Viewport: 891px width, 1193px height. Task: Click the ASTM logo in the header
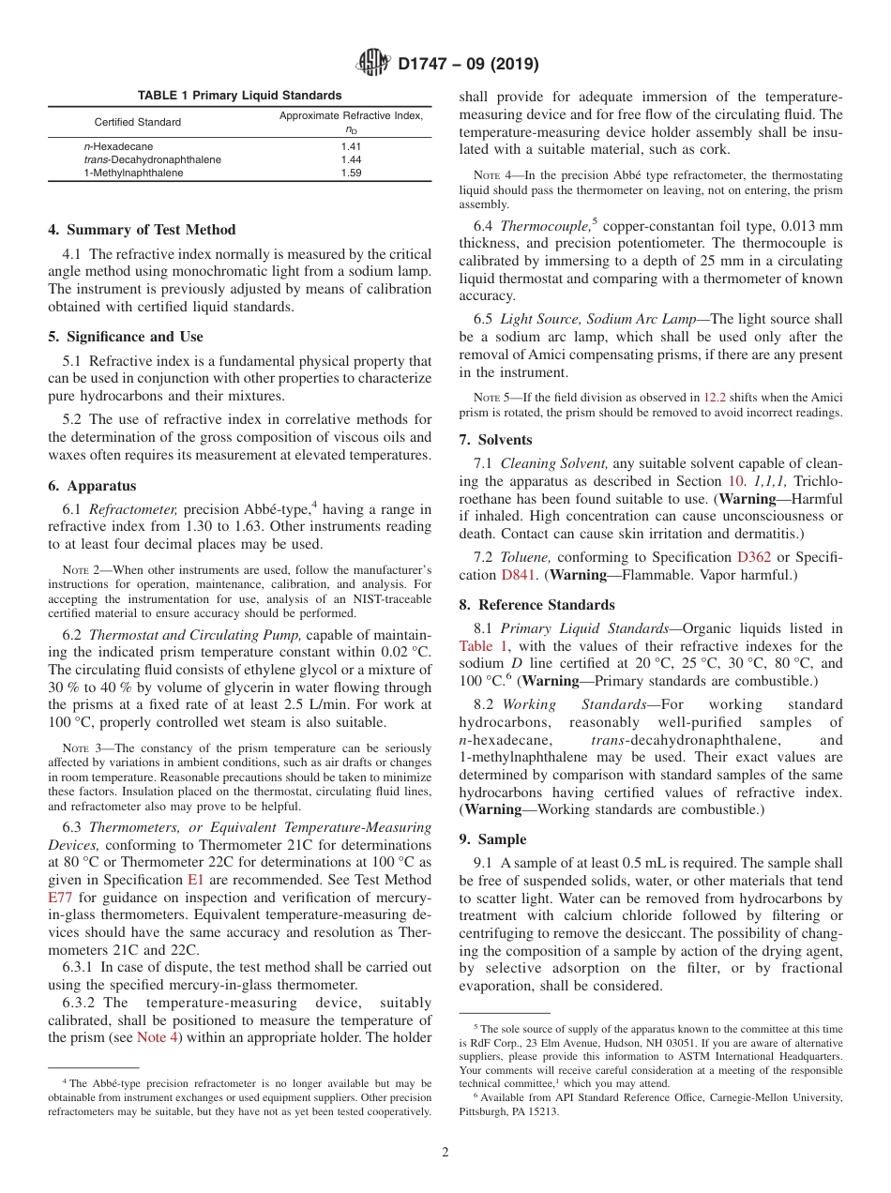pyautogui.click(x=375, y=64)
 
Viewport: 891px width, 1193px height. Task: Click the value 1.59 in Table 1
pyautogui.click(x=351, y=174)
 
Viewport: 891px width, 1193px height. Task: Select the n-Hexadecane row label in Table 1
pyautogui.click(x=118, y=147)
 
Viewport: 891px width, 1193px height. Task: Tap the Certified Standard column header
pyautogui.click(x=138, y=122)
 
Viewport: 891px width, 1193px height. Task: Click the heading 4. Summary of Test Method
pyautogui.click(x=142, y=230)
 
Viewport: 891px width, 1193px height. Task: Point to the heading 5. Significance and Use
pyautogui.click(x=125, y=337)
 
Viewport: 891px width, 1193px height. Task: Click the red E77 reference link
pyautogui.click(x=60, y=898)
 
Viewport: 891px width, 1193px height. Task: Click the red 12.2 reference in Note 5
pyautogui.click(x=715, y=397)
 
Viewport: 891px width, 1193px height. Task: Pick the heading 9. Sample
pyautogui.click(x=492, y=839)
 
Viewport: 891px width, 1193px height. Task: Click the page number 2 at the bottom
pyautogui.click(x=445, y=1153)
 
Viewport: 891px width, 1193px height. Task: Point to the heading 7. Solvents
pyautogui.click(x=495, y=440)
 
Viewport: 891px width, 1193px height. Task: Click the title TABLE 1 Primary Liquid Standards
pyautogui.click(x=240, y=96)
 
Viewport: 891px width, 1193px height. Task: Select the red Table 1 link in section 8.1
pyautogui.click(x=483, y=646)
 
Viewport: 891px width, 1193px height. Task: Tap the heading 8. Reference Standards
pyautogui.click(x=536, y=605)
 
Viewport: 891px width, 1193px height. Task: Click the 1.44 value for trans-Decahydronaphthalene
pyautogui.click(x=351, y=160)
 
